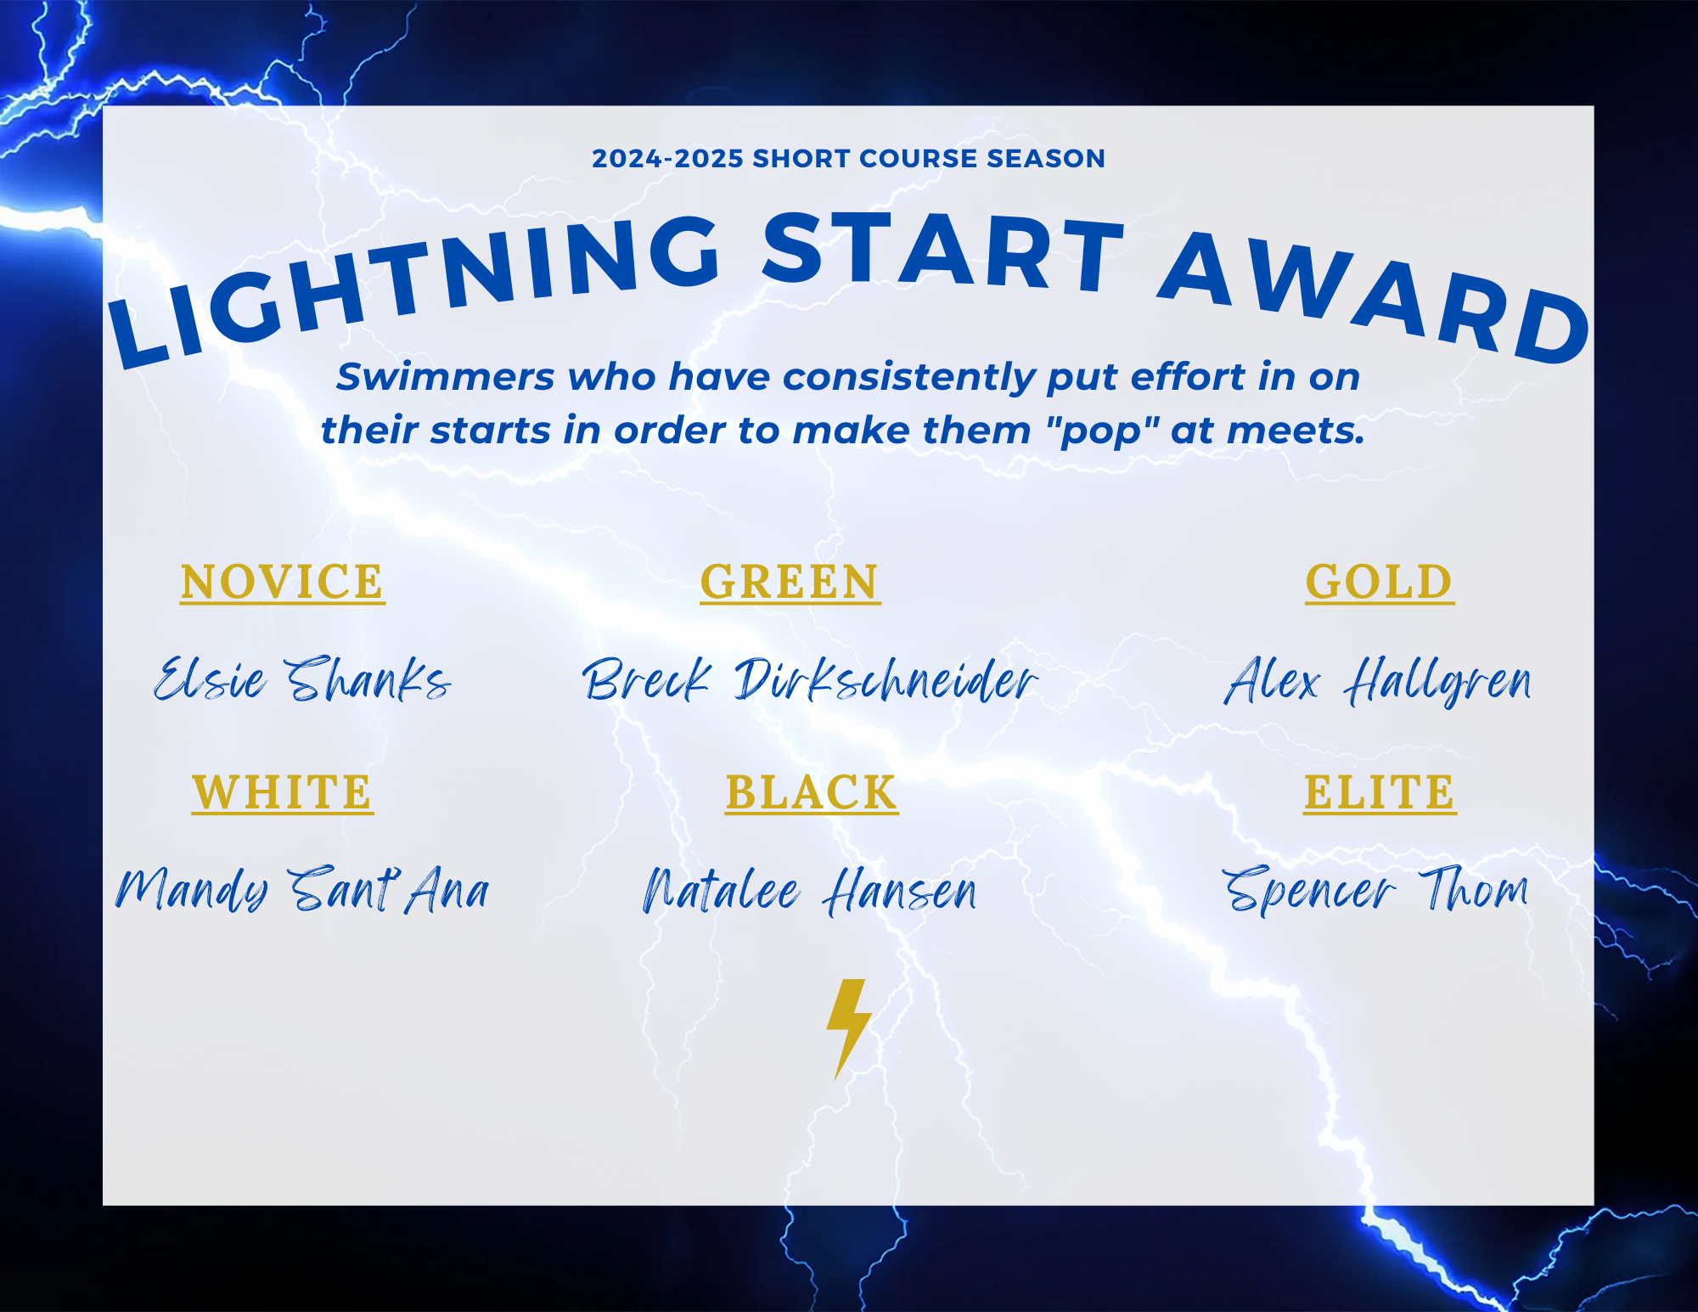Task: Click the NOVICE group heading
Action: click(x=283, y=582)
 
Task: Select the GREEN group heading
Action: click(x=790, y=582)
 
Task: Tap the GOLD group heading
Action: click(x=1380, y=582)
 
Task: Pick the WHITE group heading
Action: click(x=283, y=792)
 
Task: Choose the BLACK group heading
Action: click(x=812, y=792)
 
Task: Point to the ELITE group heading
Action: click(x=1380, y=792)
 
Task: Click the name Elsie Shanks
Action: click(x=302, y=679)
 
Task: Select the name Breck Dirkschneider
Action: click(x=810, y=679)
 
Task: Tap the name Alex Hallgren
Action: click(x=1378, y=681)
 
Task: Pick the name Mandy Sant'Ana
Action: click(x=302, y=890)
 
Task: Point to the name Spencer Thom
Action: click(x=1375, y=890)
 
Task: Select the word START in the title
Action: click(x=942, y=251)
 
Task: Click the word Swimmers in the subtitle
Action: click(x=446, y=377)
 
